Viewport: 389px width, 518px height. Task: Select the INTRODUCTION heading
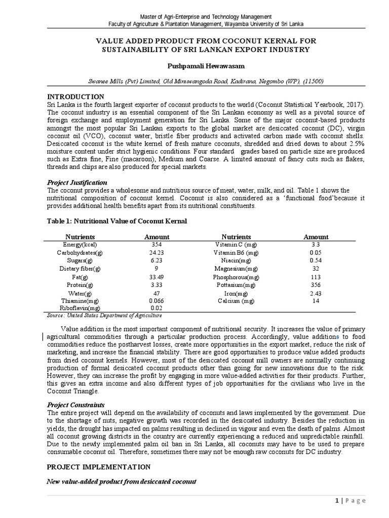[x=75, y=97]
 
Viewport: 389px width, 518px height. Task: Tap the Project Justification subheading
[x=77, y=182]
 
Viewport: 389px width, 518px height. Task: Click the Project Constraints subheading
[x=76, y=405]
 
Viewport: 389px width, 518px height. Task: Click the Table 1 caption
[x=117, y=221]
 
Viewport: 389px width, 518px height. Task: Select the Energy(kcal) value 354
[x=157, y=244]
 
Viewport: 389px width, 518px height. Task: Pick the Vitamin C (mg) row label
[x=236, y=244]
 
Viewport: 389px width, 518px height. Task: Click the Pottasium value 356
[x=316, y=285]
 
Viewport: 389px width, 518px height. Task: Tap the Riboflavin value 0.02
[x=157, y=308]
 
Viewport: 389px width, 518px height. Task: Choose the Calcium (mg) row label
[x=236, y=301]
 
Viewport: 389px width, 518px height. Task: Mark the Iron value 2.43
[x=316, y=293]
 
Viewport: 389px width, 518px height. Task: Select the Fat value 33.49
[x=157, y=277]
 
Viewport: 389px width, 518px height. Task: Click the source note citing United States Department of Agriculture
[x=104, y=315]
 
